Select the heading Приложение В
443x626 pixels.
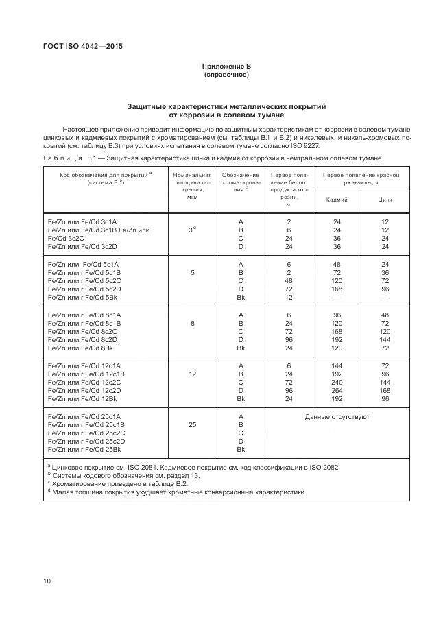pyautogui.click(x=226, y=66)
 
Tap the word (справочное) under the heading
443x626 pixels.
pyautogui.click(x=226, y=74)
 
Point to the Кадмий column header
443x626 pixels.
pyautogui.click(x=337, y=200)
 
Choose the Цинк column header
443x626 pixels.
pyautogui.click(x=385, y=200)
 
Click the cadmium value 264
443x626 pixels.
pyautogui.click(x=337, y=390)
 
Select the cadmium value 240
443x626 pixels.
pyautogui.click(x=337, y=382)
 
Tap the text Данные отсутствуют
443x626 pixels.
pyautogui.click(x=337, y=416)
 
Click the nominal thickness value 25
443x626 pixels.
pyautogui.click(x=193, y=424)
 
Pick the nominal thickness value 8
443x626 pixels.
pyautogui.click(x=193, y=322)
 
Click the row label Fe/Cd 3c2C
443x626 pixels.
pyautogui.click(x=67, y=238)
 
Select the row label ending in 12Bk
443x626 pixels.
pyautogui.click(x=82, y=398)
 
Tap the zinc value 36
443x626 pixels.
pyautogui.click(x=385, y=272)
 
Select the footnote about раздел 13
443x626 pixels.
pyautogui.click(x=123, y=475)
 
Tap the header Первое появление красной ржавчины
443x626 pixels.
pyautogui.click(x=361, y=179)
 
